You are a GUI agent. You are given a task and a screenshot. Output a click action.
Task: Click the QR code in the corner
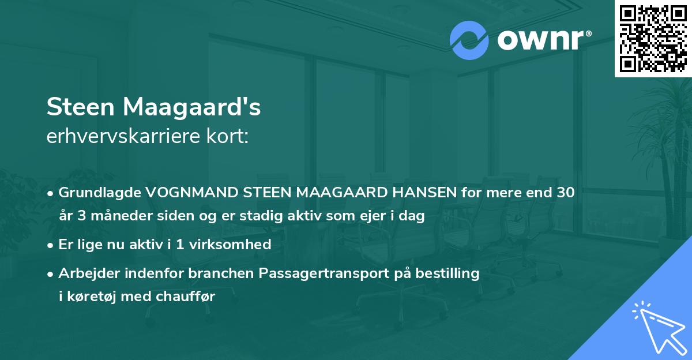tap(653, 39)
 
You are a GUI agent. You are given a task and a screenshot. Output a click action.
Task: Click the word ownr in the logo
tap(539, 40)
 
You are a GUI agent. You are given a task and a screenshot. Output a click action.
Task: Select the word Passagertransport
tap(315, 273)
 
